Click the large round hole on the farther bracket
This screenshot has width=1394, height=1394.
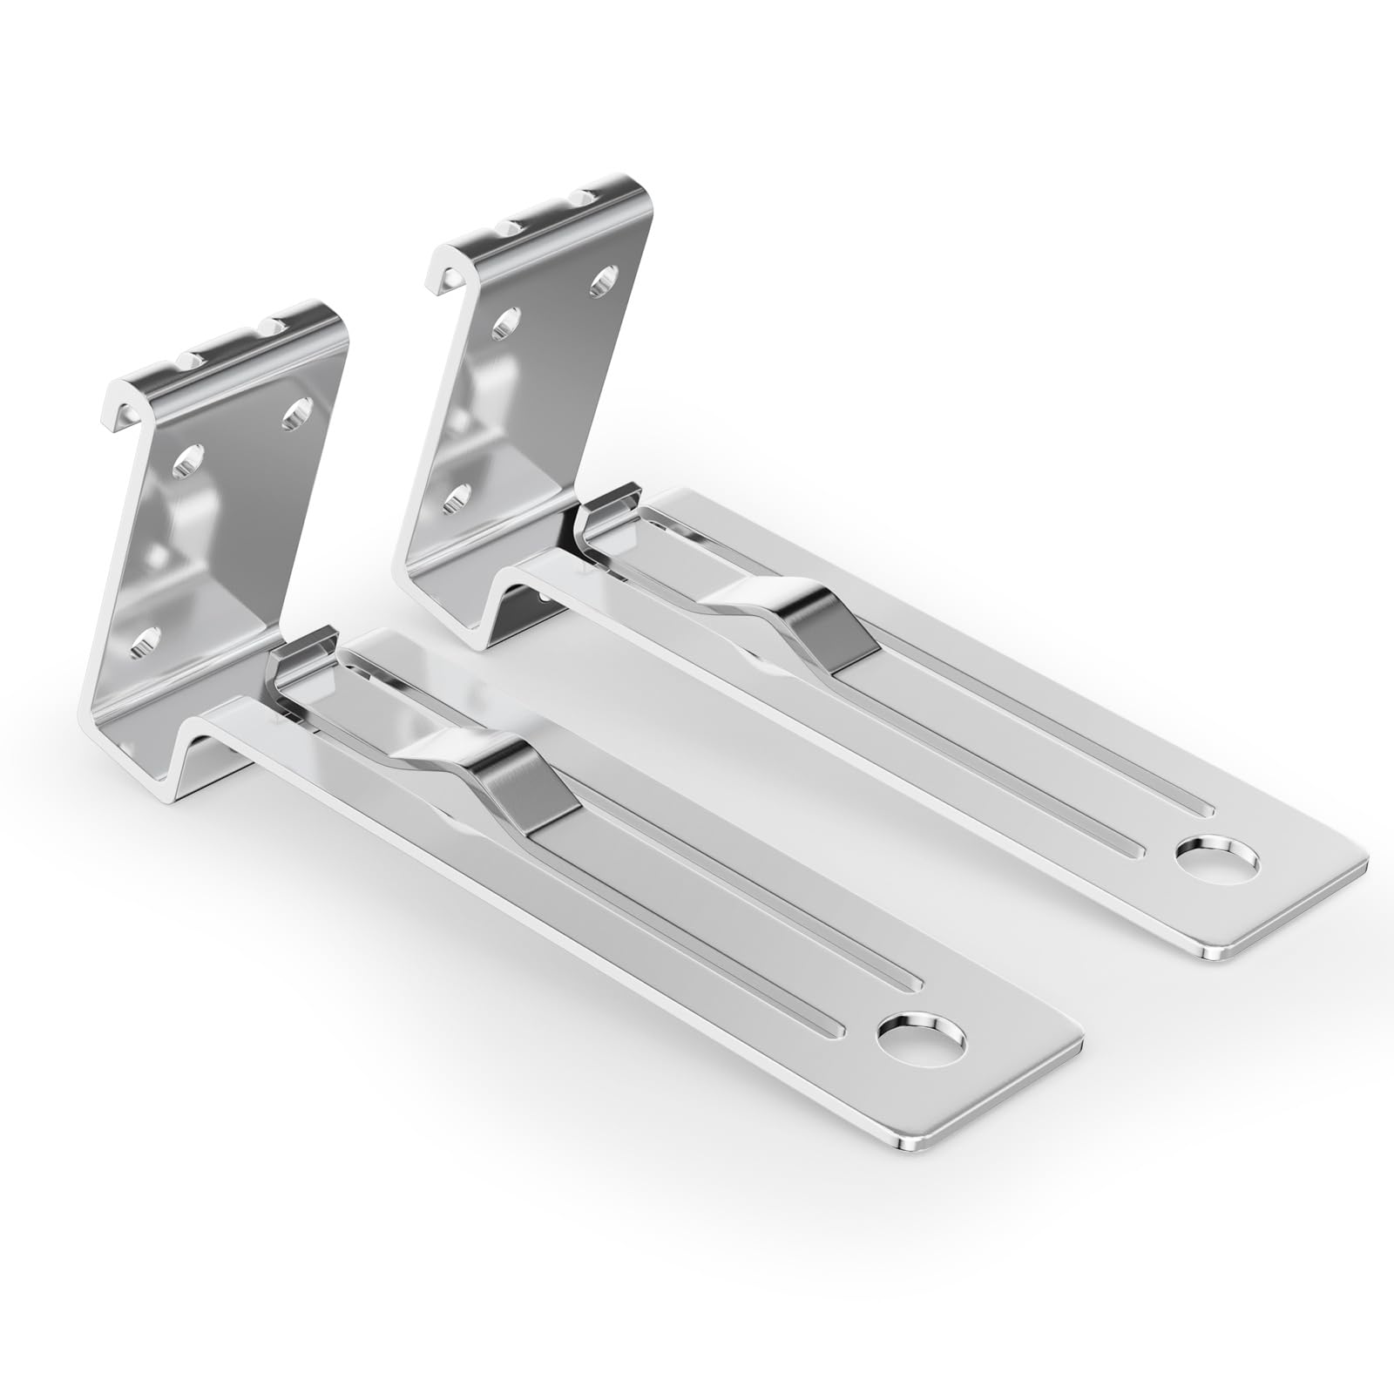1217,861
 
